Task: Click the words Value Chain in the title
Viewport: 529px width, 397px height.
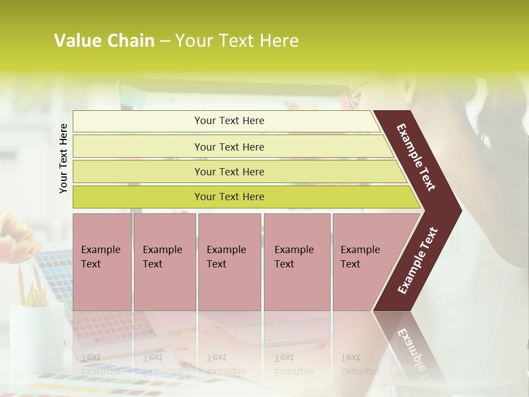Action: coord(104,41)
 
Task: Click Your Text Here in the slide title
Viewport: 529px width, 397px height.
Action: coord(237,41)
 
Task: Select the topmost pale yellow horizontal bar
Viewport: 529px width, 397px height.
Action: coord(226,121)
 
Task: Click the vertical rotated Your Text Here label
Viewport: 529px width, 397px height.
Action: coord(63,158)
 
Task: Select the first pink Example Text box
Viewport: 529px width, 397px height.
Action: coord(102,261)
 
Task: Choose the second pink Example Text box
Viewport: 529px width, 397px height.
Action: coord(164,261)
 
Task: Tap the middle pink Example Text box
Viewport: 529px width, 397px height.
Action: coord(229,261)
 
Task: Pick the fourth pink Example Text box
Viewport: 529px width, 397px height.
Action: coord(296,261)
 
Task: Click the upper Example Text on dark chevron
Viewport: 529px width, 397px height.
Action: coord(417,157)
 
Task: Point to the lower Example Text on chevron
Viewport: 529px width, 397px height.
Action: coord(418,260)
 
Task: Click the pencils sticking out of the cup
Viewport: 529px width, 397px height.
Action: coord(32,286)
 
